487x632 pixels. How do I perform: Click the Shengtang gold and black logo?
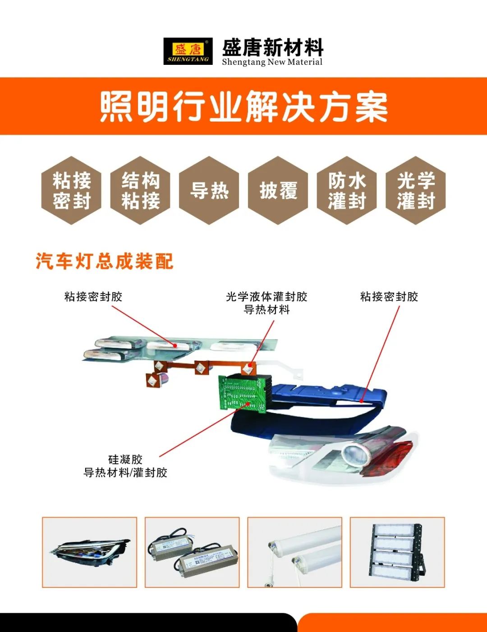tap(188, 51)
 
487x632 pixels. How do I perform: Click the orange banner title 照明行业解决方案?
tap(243, 107)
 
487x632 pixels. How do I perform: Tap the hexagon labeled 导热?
tap(209, 191)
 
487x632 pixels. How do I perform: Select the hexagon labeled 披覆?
tap(278, 191)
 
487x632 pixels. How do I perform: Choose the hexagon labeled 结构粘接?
tap(140, 191)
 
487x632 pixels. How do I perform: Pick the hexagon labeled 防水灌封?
tap(347, 191)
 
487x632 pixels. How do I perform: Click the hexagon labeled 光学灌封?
tap(416, 191)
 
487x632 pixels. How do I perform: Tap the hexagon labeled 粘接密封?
tap(71, 191)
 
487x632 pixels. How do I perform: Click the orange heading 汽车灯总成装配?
tap(105, 261)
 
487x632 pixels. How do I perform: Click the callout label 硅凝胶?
tap(125, 459)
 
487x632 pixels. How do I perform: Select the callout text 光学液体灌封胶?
tap(266, 296)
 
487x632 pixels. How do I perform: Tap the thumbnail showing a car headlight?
tap(89, 552)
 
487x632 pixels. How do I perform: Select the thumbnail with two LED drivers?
tap(192, 552)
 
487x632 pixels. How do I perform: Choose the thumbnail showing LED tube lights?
tap(295, 552)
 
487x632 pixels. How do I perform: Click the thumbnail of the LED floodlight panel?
tap(397, 552)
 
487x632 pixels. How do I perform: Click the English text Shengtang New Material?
tap(272, 62)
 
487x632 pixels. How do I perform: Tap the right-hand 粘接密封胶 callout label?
tap(389, 296)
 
